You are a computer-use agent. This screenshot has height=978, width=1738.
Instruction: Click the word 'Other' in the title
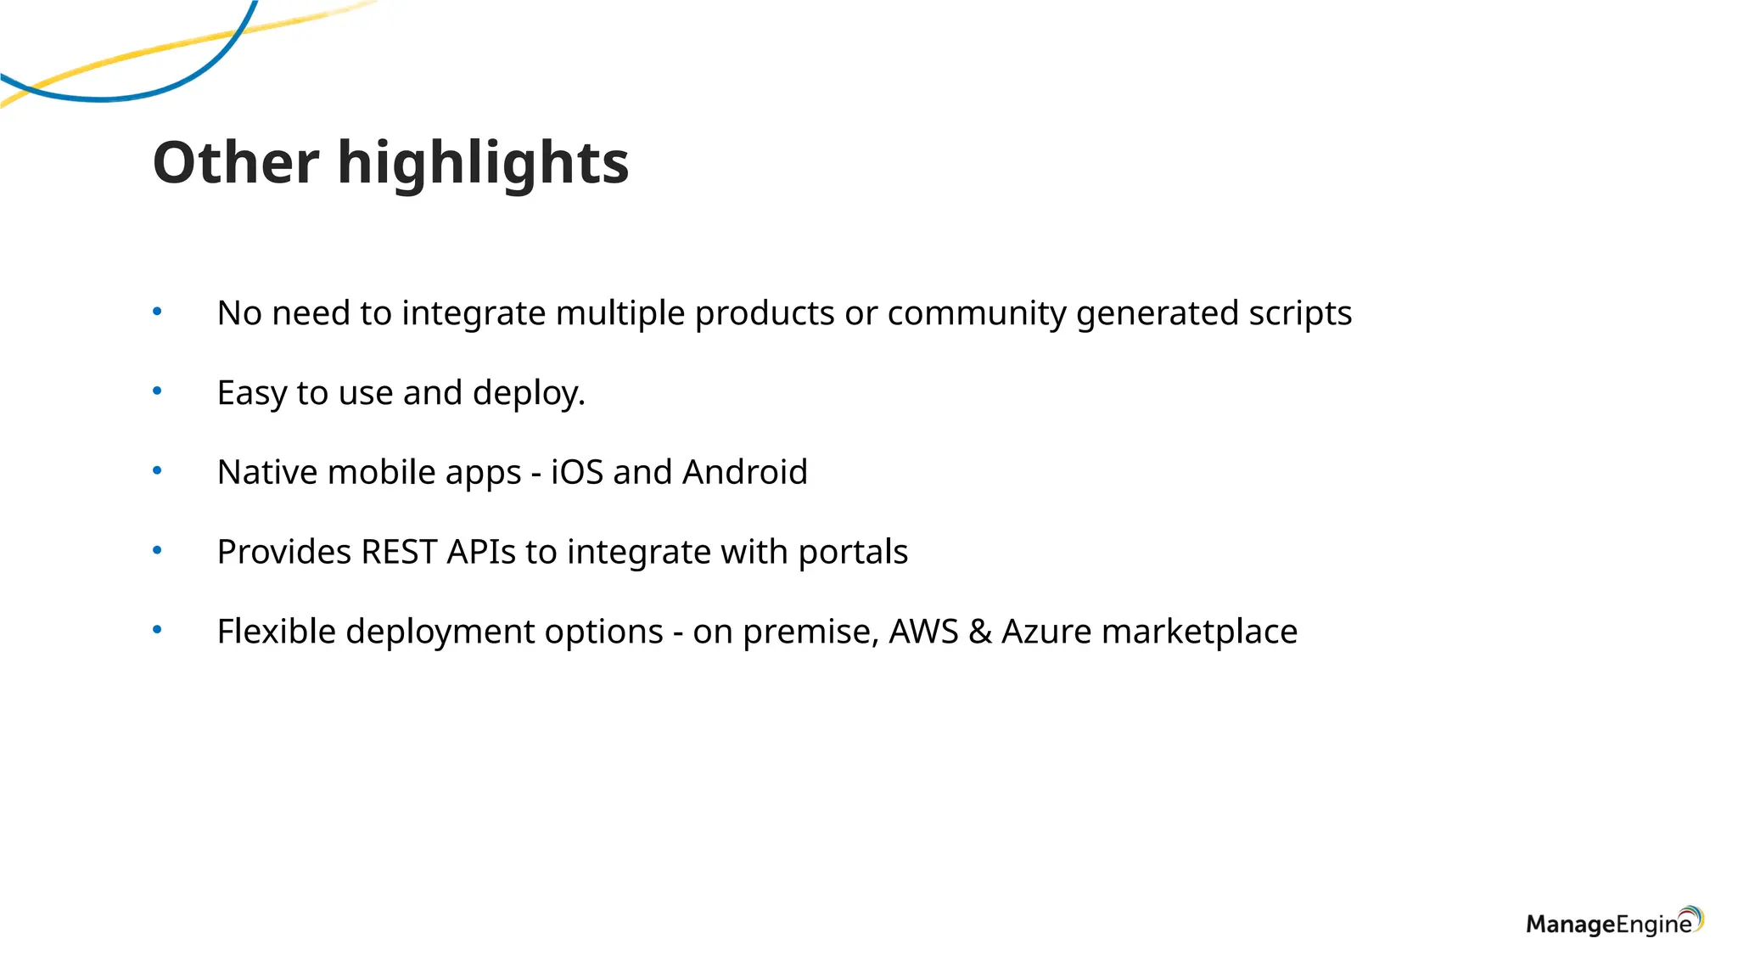(x=235, y=162)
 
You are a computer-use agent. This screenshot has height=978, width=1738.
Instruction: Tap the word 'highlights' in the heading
(x=483, y=164)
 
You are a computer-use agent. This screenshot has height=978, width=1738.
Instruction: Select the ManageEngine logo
(x=1614, y=922)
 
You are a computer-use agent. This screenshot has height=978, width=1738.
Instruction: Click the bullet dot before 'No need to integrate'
(x=157, y=312)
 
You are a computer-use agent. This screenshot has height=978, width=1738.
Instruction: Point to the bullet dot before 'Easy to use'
(x=157, y=391)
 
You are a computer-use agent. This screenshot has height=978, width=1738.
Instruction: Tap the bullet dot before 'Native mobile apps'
(x=157, y=470)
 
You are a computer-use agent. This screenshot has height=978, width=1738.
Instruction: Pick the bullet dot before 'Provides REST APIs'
(x=157, y=550)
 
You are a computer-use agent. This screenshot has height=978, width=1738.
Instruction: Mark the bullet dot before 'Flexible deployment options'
(x=157, y=630)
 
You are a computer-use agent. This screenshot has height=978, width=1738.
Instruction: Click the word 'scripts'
(x=1300, y=314)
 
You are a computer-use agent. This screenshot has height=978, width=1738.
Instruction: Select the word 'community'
(x=977, y=314)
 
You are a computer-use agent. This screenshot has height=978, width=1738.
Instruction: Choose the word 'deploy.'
(x=529, y=394)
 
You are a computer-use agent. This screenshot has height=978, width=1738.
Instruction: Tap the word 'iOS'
(x=577, y=472)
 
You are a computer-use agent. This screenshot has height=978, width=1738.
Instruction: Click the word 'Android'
(x=744, y=472)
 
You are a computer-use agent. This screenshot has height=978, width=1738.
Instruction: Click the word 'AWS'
(x=923, y=632)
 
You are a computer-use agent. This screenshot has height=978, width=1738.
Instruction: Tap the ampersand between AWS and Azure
(x=980, y=632)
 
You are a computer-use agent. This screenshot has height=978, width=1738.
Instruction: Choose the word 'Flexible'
(x=277, y=632)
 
